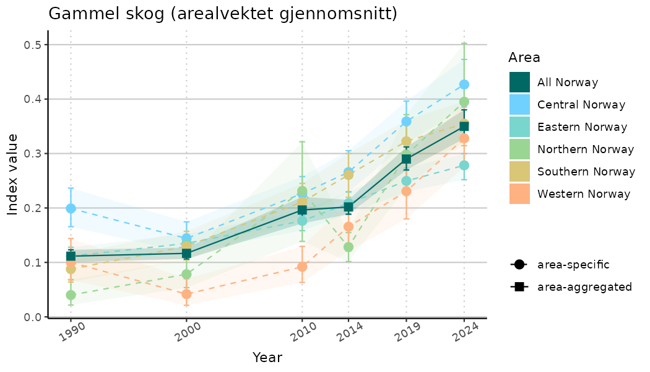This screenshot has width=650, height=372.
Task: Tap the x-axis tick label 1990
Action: click(70, 335)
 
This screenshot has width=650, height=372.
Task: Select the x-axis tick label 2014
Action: click(348, 335)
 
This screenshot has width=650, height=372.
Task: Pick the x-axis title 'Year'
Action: click(267, 358)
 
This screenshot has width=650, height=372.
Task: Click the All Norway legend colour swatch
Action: click(519, 82)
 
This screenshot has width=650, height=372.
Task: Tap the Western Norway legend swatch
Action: click(519, 194)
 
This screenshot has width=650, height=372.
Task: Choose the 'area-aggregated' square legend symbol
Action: click(519, 287)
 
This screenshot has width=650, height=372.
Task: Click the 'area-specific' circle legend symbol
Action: click(519, 265)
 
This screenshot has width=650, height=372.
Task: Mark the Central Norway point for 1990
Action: click(71, 208)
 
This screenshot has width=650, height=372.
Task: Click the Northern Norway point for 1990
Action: click(71, 295)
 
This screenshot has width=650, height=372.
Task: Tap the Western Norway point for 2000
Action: click(186, 294)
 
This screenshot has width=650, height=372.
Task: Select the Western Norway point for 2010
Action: click(302, 267)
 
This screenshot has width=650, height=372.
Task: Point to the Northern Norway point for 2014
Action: click(349, 247)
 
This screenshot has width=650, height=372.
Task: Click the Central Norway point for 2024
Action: click(464, 84)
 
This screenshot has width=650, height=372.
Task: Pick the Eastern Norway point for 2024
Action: click(464, 165)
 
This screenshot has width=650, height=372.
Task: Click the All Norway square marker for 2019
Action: click(406, 159)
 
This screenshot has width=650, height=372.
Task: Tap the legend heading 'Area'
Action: click(524, 58)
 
